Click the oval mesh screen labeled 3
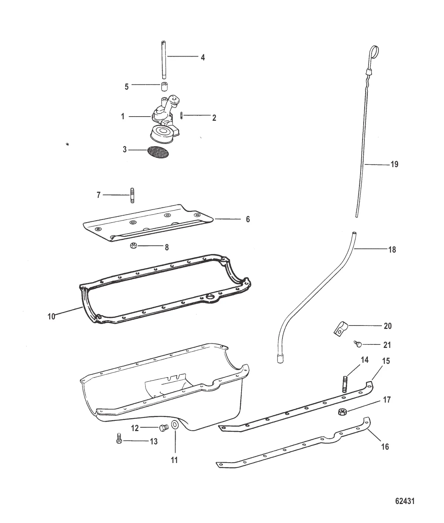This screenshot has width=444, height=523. (158, 152)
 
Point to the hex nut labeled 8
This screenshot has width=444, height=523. (133, 245)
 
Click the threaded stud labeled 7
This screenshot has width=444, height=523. (132, 195)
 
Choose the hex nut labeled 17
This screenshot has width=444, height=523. (342, 412)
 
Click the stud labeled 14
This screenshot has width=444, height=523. (345, 384)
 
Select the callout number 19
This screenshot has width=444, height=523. (394, 164)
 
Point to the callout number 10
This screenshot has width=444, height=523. (52, 316)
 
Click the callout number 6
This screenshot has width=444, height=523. (248, 219)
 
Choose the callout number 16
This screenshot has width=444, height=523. (385, 447)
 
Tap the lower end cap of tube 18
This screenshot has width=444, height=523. (279, 359)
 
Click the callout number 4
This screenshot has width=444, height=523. (203, 57)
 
